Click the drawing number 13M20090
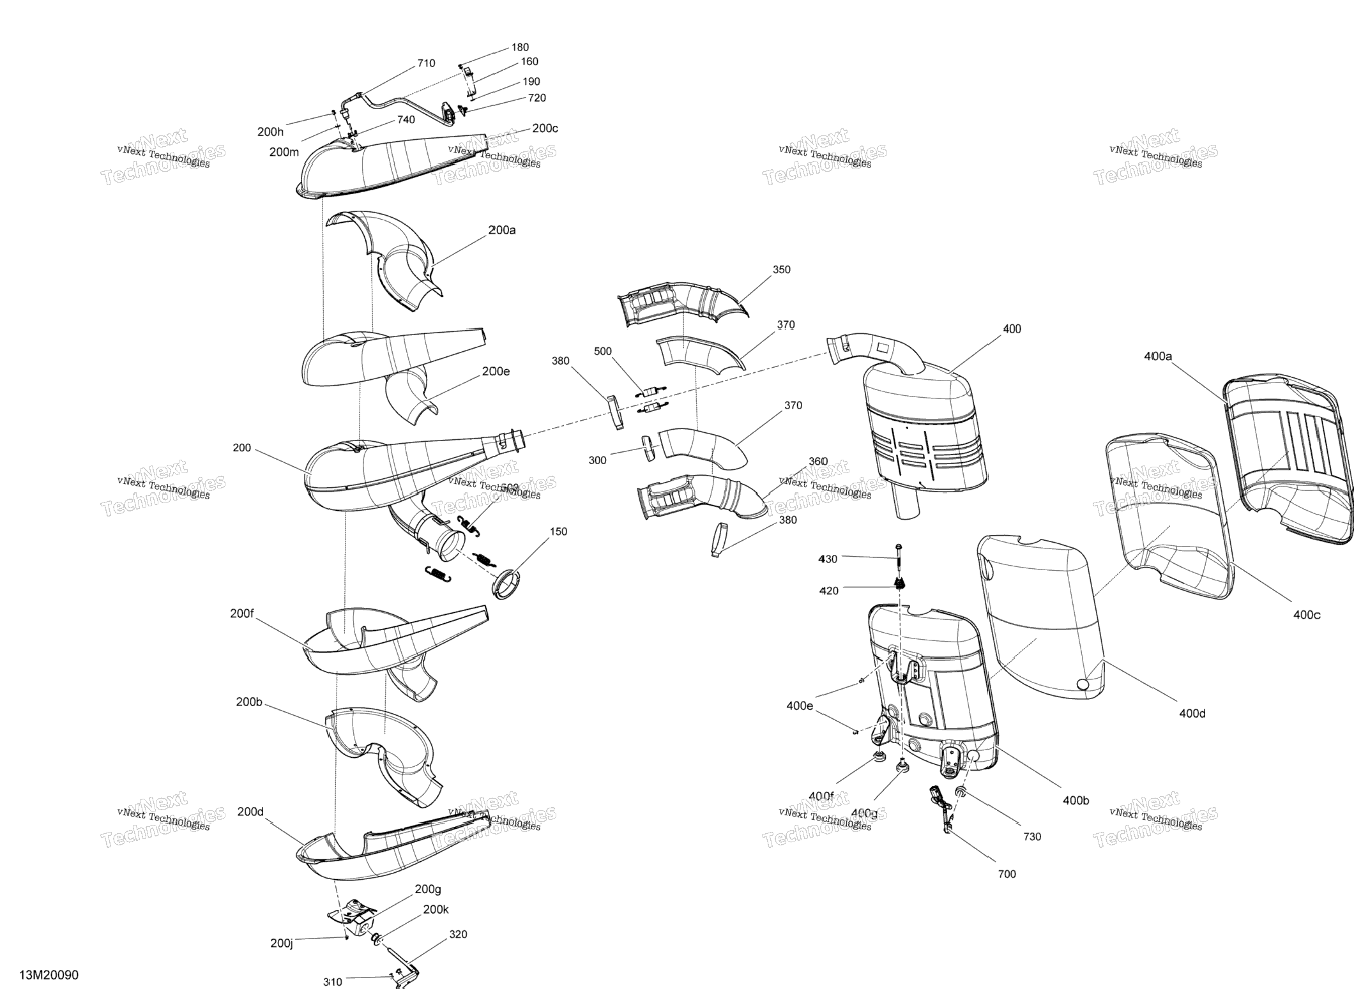pos(49,975)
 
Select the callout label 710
pos(426,63)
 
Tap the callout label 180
pos(520,47)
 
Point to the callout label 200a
pos(502,230)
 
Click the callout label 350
pos(781,269)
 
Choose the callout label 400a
pos(1158,356)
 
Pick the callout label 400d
pos(1192,713)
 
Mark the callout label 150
pos(558,531)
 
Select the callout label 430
pos(828,559)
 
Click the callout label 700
pos(1007,874)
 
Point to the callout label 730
pos(1032,836)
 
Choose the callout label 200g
pos(428,889)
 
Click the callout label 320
pos(458,934)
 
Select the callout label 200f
pos(242,614)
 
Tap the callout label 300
pos(597,460)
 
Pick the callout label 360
pos(818,462)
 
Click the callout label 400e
pos(800,706)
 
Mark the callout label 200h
pos(270,132)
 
